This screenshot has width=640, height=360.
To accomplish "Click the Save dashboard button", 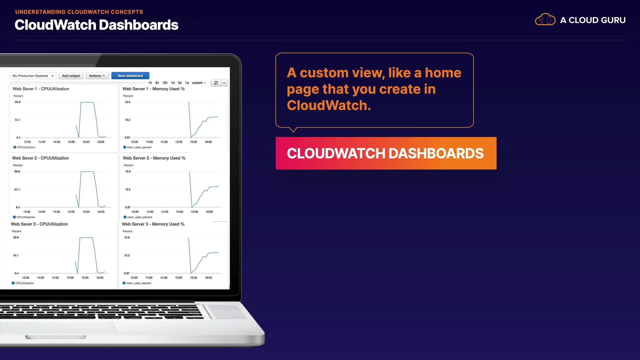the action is [130, 76].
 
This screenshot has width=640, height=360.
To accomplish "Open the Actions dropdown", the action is [97, 76].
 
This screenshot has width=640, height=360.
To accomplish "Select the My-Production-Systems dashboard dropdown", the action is [33, 76].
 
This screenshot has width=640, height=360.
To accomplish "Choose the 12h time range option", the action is [165, 83].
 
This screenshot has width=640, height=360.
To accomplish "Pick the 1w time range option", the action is [187, 83].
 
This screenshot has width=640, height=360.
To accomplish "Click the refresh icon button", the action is [216, 83].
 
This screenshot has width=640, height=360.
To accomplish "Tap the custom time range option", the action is [199, 83].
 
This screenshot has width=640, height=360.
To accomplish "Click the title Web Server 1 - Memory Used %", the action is [154, 89].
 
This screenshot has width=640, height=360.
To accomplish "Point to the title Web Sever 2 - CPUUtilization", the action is [40, 158].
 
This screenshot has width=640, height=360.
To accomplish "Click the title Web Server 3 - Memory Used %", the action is [153, 224].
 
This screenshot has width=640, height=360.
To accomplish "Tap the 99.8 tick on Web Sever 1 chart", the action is [18, 102].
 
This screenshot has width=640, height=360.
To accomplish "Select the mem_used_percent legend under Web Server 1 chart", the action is [137, 147].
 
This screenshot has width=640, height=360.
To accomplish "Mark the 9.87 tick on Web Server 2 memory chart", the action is [128, 207].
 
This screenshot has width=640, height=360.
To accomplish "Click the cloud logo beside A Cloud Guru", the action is [545, 20].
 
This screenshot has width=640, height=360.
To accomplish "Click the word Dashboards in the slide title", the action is [139, 25].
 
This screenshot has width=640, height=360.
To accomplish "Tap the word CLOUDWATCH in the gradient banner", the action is [336, 153].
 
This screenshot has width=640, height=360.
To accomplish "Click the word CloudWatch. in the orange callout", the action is [329, 105].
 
